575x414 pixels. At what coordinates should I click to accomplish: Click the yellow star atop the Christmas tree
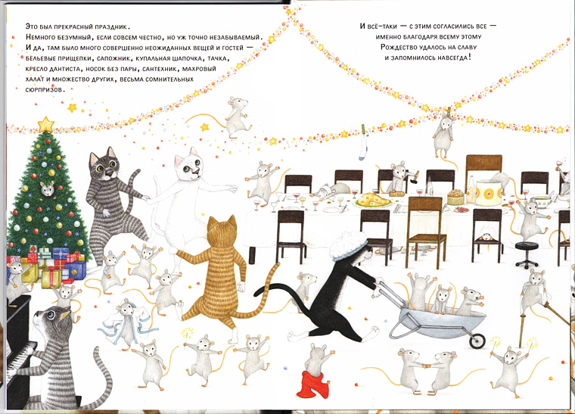(47, 123)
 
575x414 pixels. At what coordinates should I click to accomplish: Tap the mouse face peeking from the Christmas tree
(47, 188)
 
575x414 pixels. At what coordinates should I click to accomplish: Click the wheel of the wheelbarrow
(476, 341)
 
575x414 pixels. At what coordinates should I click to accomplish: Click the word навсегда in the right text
(448, 58)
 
